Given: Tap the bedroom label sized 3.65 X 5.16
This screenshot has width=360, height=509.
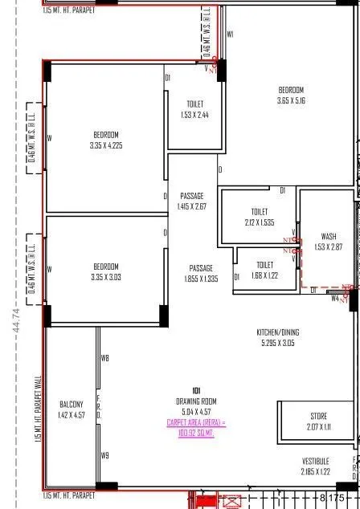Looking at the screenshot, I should (x=291, y=95).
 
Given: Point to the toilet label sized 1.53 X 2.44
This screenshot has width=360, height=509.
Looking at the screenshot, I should (x=194, y=109).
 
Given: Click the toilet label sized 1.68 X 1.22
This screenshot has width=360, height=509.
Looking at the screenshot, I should (x=264, y=270).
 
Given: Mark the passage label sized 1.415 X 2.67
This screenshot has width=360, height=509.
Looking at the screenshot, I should (x=192, y=201).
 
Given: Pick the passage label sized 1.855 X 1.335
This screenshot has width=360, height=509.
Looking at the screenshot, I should (x=201, y=273).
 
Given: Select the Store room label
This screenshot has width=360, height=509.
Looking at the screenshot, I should (x=318, y=421).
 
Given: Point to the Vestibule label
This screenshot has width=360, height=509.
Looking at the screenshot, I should (x=315, y=466).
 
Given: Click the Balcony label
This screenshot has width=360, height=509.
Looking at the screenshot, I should (x=71, y=409).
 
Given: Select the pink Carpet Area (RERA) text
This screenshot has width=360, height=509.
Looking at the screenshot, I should (x=196, y=427).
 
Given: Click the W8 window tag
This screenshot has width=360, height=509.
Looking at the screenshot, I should (x=104, y=358).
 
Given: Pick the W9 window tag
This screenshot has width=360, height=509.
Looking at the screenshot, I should (x=104, y=455).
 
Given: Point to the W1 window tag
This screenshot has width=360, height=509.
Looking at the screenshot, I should (x=230, y=35).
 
